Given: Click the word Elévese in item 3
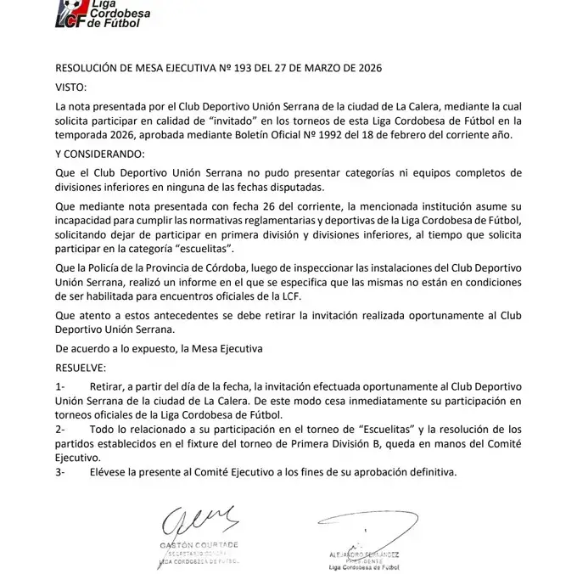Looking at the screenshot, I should coord(121,471).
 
